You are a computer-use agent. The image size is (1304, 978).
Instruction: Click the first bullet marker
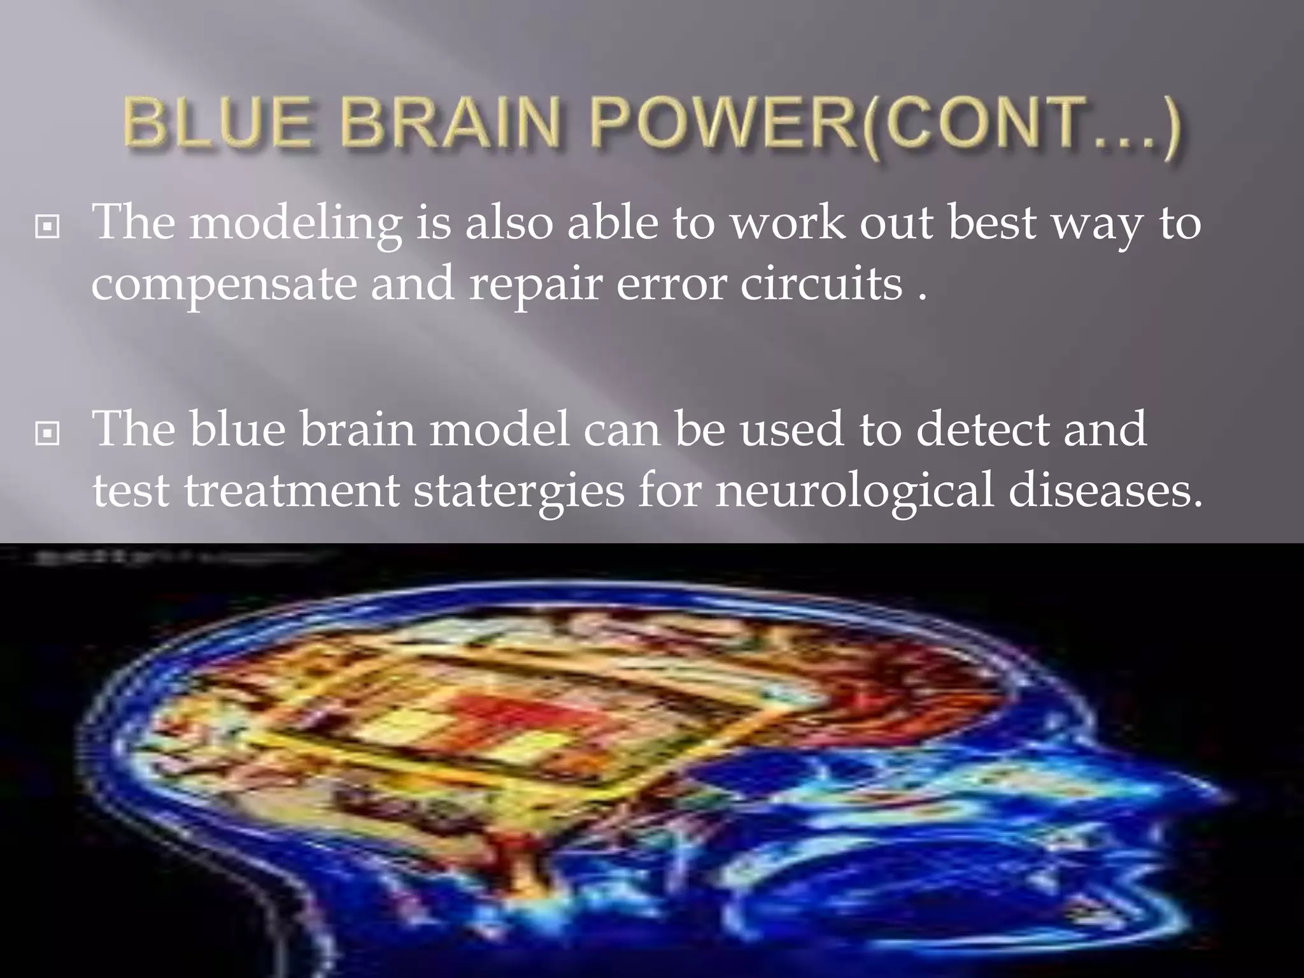click(48, 226)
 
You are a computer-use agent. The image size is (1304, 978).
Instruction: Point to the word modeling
click(295, 224)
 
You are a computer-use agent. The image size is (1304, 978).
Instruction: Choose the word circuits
click(821, 283)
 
